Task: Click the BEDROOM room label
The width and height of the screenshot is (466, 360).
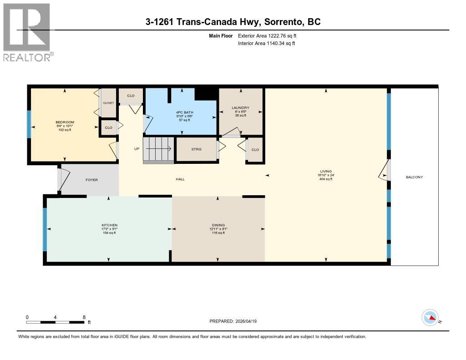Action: coord(65,122)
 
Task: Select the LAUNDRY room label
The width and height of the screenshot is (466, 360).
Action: coord(241,107)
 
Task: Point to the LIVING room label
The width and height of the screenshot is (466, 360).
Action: coord(326,171)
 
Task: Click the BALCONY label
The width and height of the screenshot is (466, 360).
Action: coord(414,177)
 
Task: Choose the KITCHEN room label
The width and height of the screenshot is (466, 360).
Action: coord(109,225)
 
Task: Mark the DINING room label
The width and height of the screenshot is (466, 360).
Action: coord(218,225)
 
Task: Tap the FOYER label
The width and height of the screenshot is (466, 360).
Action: coord(91,180)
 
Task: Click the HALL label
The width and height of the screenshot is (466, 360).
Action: coord(180,179)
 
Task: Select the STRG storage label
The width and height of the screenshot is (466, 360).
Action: coord(196,149)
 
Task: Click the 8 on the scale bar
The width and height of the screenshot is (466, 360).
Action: coord(84,317)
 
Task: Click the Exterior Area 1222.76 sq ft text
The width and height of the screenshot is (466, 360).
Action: coord(267,35)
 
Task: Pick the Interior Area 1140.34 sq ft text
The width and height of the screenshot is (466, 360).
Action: coord(267,43)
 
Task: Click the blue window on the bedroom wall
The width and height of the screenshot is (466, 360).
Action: coord(30,124)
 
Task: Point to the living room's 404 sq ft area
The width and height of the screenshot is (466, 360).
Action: coord(326,179)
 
